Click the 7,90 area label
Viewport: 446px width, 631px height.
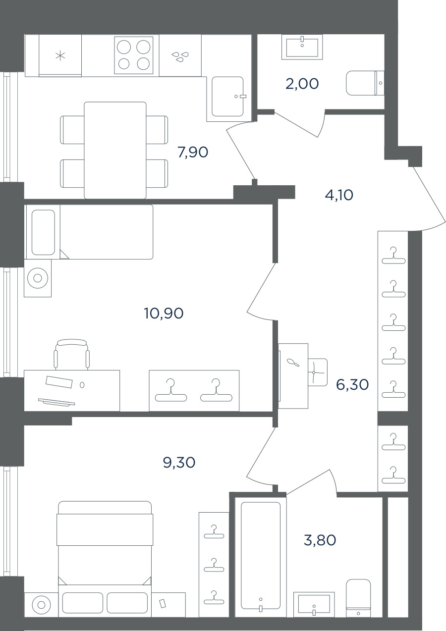[x=193, y=153]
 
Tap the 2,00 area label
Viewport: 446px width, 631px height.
[x=302, y=84]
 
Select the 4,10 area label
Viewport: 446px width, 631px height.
[x=339, y=195]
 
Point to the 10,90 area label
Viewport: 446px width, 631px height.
[x=164, y=313]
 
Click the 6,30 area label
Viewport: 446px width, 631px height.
[x=352, y=384]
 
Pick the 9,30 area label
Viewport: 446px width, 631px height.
[x=179, y=463]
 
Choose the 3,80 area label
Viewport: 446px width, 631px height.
[x=320, y=540]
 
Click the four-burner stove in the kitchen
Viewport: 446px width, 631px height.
[x=134, y=55]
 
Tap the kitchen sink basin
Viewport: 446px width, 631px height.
[x=227, y=97]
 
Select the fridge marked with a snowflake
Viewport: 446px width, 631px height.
[x=60, y=55]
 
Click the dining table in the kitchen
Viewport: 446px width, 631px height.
[x=115, y=150]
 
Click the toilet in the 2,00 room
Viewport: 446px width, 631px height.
[x=365, y=83]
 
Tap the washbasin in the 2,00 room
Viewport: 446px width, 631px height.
[x=302, y=47]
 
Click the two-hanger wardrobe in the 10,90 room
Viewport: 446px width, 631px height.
[x=194, y=391]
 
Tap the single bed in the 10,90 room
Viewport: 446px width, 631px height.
[x=89, y=232]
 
